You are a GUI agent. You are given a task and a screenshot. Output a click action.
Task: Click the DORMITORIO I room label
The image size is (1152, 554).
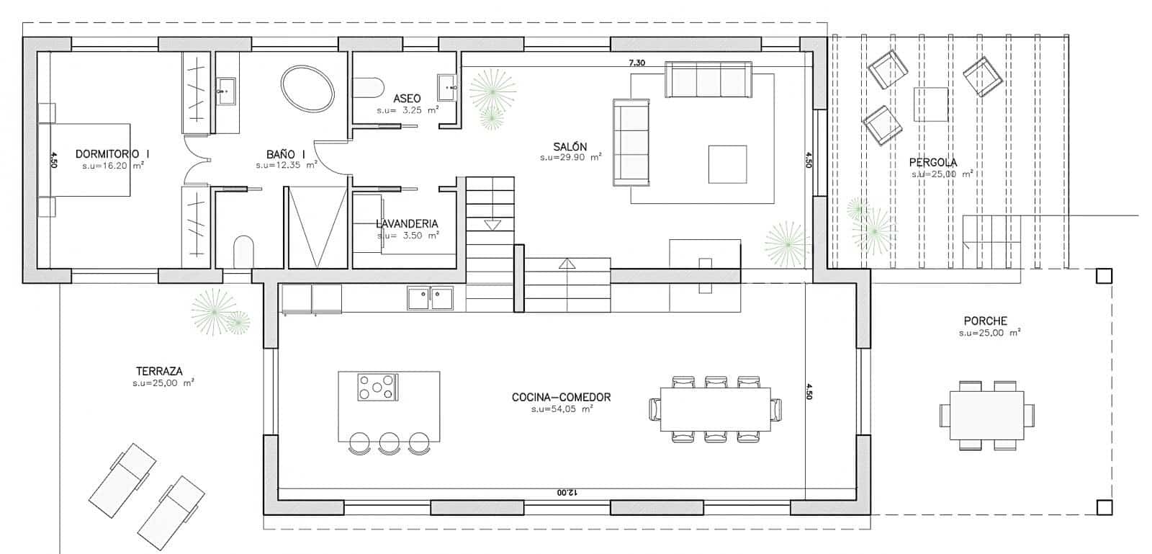click(x=112, y=153)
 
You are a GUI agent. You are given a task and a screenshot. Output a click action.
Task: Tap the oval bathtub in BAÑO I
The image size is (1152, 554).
click(x=307, y=89)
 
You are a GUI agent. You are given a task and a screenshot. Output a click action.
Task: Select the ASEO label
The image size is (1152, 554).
click(x=407, y=98)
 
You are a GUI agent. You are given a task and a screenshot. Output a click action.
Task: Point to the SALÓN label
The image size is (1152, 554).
click(x=570, y=146)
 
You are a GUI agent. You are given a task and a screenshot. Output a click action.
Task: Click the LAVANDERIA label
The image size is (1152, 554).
click(x=407, y=223)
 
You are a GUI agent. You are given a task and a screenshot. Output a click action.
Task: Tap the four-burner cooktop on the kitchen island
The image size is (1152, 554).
click(x=377, y=387)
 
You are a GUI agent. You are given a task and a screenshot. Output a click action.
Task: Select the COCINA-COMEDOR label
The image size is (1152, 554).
click(x=561, y=397)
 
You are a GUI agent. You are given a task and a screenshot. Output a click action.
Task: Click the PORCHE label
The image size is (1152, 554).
click(x=985, y=321)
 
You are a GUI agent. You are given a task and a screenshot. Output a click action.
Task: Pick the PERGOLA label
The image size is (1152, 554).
click(x=933, y=163)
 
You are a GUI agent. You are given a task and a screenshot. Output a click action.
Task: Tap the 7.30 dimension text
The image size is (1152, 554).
click(x=636, y=63)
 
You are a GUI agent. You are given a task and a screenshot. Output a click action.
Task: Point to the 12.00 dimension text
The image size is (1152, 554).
click(x=566, y=493)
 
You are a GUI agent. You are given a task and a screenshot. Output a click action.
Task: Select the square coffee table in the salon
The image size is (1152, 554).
click(x=727, y=164)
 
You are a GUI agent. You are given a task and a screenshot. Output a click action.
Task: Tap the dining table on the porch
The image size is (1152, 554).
click(x=986, y=416)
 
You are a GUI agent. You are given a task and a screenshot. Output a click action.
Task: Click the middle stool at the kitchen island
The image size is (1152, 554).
click(x=389, y=442)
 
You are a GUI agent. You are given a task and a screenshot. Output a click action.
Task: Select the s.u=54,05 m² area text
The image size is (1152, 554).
click(x=562, y=409)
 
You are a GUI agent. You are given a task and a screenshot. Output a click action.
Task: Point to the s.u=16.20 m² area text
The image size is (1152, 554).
click(x=113, y=165)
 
